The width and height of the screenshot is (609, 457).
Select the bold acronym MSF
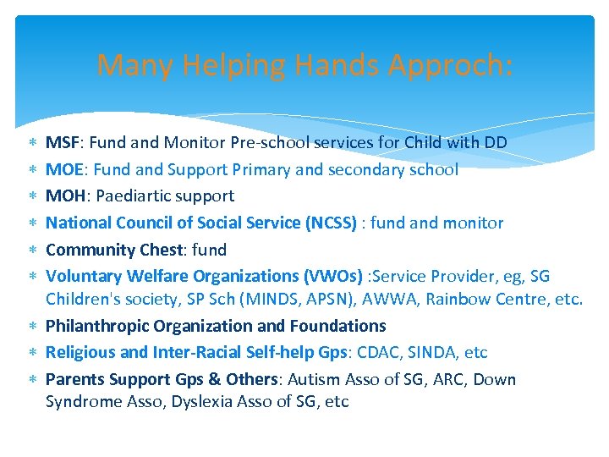(62, 142)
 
